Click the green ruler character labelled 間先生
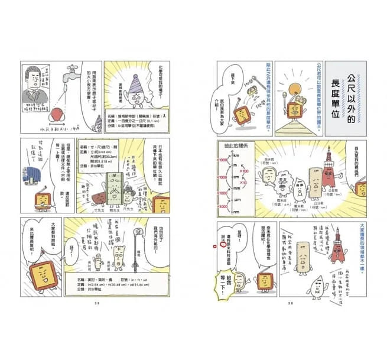click(x=113, y=188)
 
